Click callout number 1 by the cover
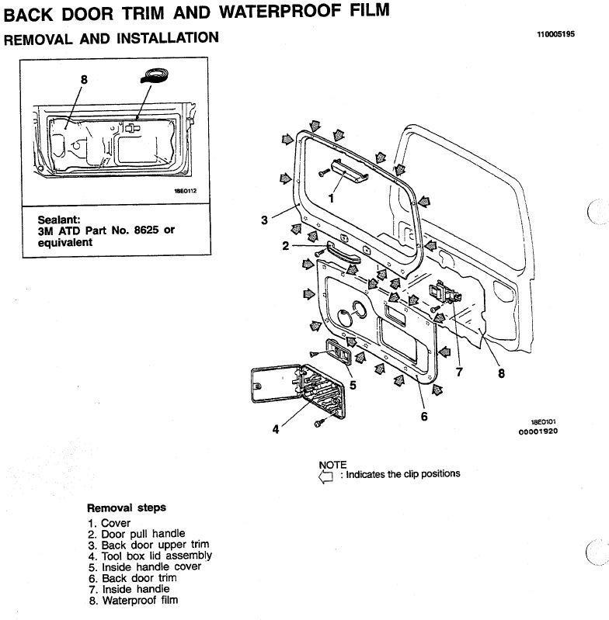331,198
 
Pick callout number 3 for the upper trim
265,220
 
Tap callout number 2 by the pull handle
286,246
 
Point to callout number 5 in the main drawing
353,383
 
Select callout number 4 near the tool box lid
275,431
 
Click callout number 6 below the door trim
424,417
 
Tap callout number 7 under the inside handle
459,372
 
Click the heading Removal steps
126,508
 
